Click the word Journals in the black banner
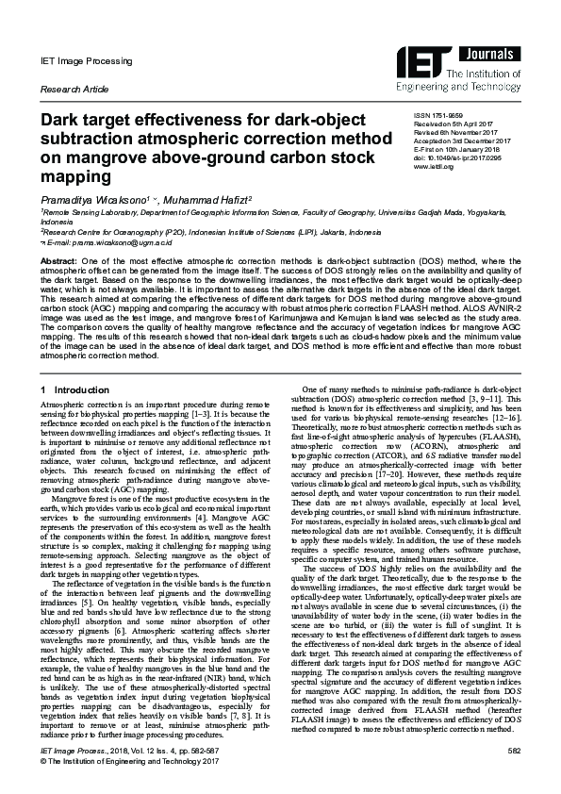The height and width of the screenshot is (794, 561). coord(490,53)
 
